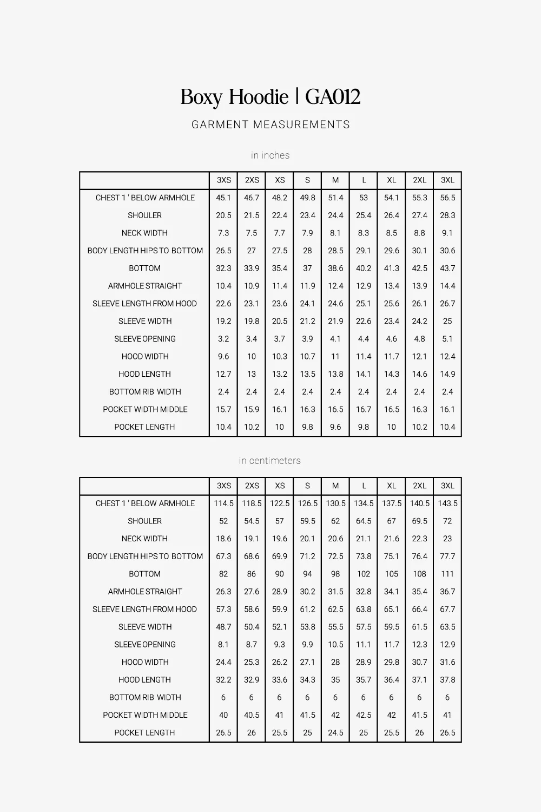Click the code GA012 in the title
pos(333,97)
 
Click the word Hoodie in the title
pos(259,97)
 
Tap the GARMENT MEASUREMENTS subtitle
pos(270,125)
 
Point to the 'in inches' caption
pos(270,155)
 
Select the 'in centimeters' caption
pos(270,461)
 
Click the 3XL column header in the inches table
pos(447,180)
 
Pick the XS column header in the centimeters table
pos(280,486)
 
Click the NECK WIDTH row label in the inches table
pos(144,233)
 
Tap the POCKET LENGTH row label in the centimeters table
pos(144,732)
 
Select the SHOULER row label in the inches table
pos(144,215)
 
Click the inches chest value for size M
pos(335,198)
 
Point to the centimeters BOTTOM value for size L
pos(364,574)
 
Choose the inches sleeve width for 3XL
pos(447,321)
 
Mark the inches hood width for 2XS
pos(252,356)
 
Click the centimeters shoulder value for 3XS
pos(223,521)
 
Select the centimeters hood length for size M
pos(335,679)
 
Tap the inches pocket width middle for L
pos(364,409)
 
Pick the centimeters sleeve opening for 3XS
pos(223,644)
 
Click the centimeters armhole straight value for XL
pos(392,592)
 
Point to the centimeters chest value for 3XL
pos(447,503)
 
